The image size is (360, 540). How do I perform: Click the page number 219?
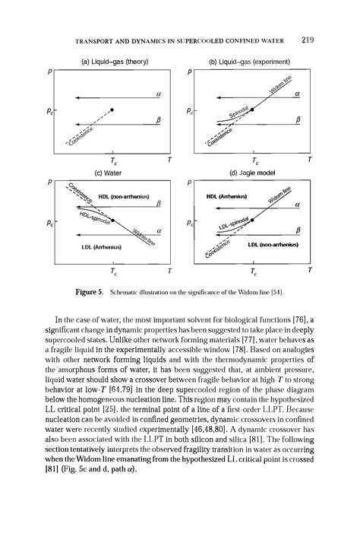[308, 40]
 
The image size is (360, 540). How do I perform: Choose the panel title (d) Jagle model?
[253, 172]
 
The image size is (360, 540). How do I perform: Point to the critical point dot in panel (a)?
[112, 110]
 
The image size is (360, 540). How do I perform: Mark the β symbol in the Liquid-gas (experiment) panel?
[298, 119]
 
